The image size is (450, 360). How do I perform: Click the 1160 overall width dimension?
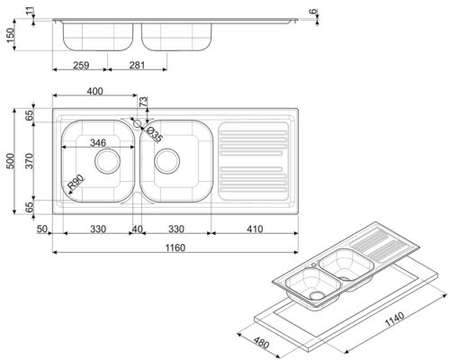coord(175,247)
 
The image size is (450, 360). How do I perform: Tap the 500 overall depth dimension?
coord(10,161)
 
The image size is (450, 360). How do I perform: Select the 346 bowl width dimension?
coord(98,142)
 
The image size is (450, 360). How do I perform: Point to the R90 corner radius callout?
coord(76,183)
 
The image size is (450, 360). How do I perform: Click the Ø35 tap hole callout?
coord(155,134)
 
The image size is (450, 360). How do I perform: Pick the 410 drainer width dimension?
coord(255,229)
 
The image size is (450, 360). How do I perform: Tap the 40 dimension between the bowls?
coord(138,229)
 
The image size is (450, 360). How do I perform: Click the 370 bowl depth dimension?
coord(29,161)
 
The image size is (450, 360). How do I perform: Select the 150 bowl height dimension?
coord(10,35)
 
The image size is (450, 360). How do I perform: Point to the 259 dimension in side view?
coord(81,65)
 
